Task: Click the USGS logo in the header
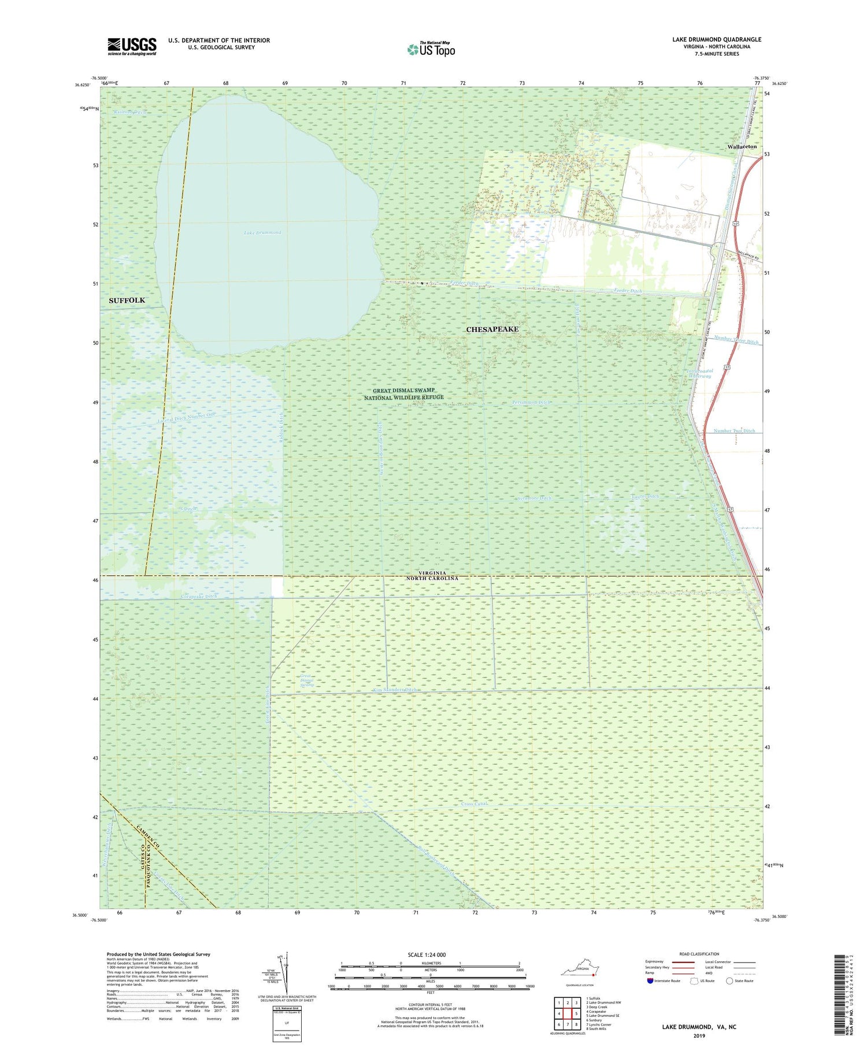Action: pyautogui.click(x=132, y=46)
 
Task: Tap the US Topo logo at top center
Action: pyautogui.click(x=431, y=50)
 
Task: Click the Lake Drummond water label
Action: pyautogui.click(x=262, y=233)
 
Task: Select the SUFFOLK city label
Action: pyautogui.click(x=127, y=301)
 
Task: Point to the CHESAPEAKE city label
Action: pyautogui.click(x=492, y=329)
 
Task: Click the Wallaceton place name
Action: pyautogui.click(x=742, y=147)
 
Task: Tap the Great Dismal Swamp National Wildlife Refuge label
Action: pyautogui.click(x=404, y=394)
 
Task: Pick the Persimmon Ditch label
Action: pyautogui.click(x=531, y=402)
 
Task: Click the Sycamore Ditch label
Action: pyautogui.click(x=533, y=498)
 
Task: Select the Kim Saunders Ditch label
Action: pyautogui.click(x=395, y=690)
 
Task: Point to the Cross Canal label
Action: pyautogui.click(x=475, y=804)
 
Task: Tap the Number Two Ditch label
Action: pyautogui.click(x=734, y=431)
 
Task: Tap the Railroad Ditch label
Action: pyautogui.click(x=130, y=112)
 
